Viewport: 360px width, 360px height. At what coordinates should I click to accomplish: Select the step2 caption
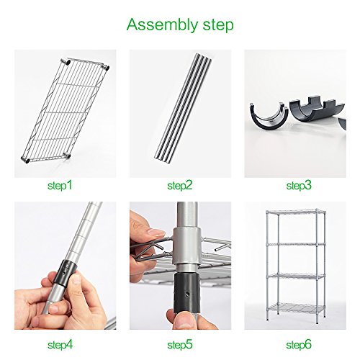pos(179,186)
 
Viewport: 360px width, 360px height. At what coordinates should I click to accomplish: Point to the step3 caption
pos(299,186)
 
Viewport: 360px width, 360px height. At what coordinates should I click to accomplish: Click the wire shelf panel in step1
pos(65,112)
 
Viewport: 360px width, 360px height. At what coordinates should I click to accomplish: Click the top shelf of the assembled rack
pos(297,215)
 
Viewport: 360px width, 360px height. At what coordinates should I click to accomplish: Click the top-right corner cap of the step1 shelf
pos(109,66)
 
